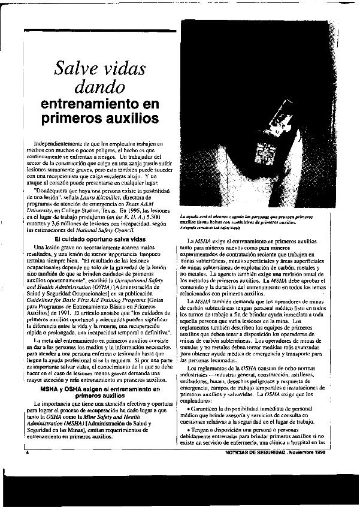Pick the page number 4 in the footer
click(x=28, y=470)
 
